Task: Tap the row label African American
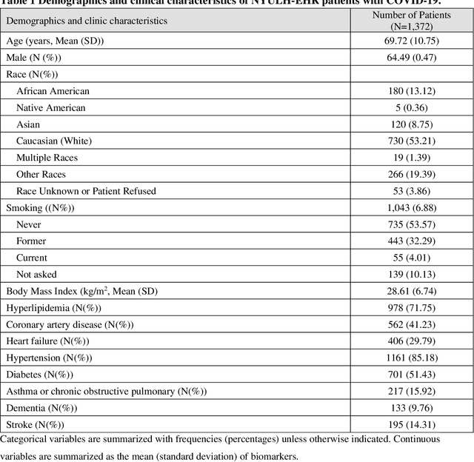(x=53, y=91)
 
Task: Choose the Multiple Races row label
(x=47, y=158)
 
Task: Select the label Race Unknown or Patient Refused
(x=86, y=191)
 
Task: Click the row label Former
(x=31, y=241)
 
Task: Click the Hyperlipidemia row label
(x=53, y=308)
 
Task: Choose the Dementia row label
(x=41, y=408)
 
